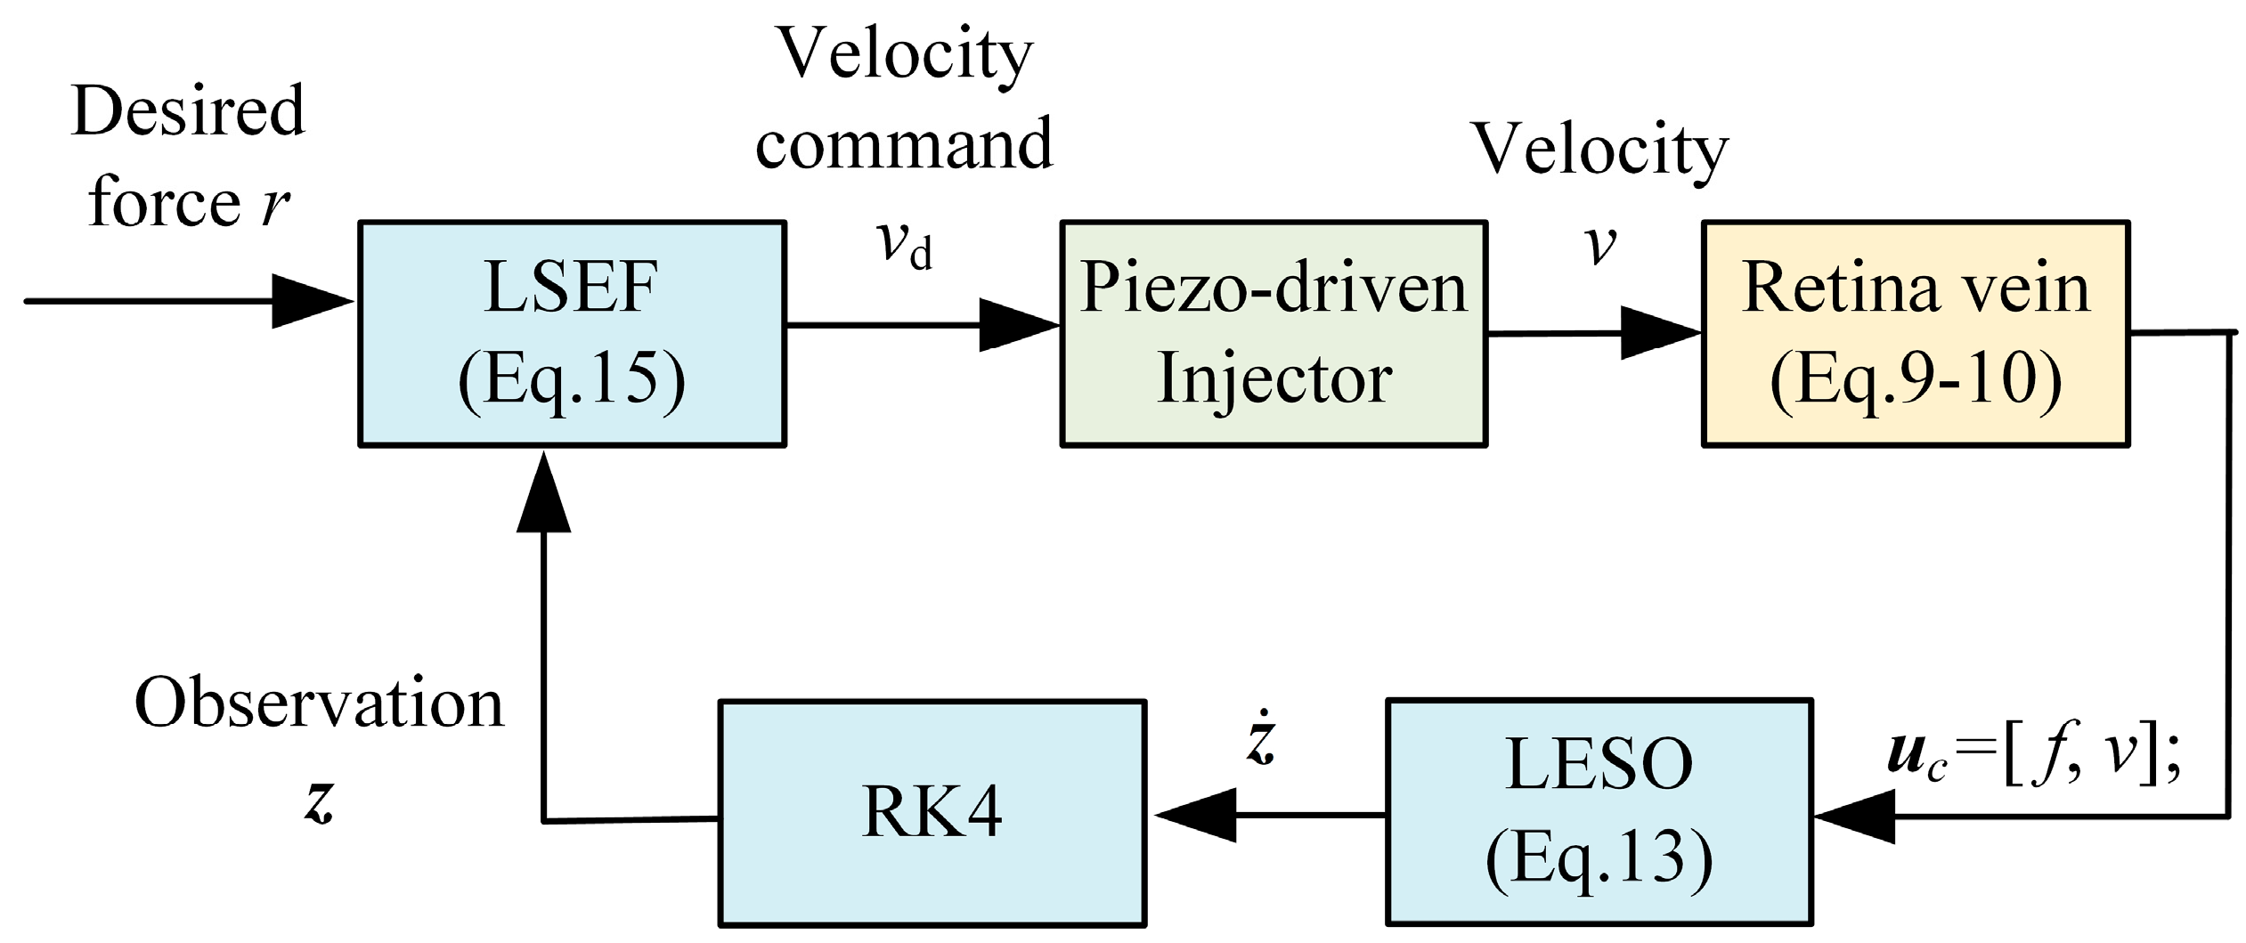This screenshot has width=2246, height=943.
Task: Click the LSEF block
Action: pyautogui.click(x=572, y=333)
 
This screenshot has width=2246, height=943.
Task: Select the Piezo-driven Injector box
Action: pyautogui.click(x=1274, y=333)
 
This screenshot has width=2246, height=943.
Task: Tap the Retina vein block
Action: pyautogui.click(x=1916, y=333)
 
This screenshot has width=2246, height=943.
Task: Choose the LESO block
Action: pyautogui.click(x=1599, y=811)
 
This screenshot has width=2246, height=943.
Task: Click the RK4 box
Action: pyautogui.click(x=932, y=813)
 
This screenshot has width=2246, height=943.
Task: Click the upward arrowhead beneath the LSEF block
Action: pyautogui.click(x=543, y=494)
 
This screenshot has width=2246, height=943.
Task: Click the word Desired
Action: pyautogui.click(x=188, y=110)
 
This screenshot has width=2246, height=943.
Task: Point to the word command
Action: pyautogui.click(x=904, y=143)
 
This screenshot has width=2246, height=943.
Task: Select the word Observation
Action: pyautogui.click(x=319, y=703)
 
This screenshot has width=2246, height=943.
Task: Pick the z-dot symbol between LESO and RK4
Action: pyautogui.click(x=1262, y=741)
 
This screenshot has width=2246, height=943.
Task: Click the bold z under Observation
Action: pyautogui.click(x=318, y=801)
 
